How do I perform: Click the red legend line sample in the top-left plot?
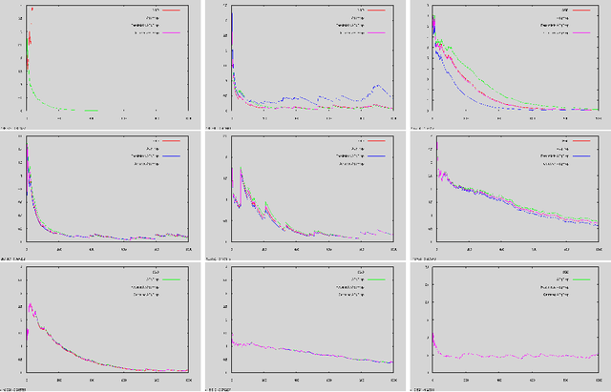click(173, 10)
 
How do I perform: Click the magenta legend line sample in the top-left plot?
click(173, 32)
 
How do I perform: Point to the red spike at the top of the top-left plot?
click(32, 10)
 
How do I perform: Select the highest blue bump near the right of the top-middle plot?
click(380, 86)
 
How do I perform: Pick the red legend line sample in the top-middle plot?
click(377, 10)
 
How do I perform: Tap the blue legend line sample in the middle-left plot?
click(173, 156)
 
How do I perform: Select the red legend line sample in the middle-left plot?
click(173, 141)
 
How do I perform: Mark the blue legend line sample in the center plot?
click(377, 156)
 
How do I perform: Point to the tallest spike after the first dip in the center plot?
click(241, 171)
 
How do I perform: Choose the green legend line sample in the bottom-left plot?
click(173, 279)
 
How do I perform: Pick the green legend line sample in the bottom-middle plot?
click(377, 279)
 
